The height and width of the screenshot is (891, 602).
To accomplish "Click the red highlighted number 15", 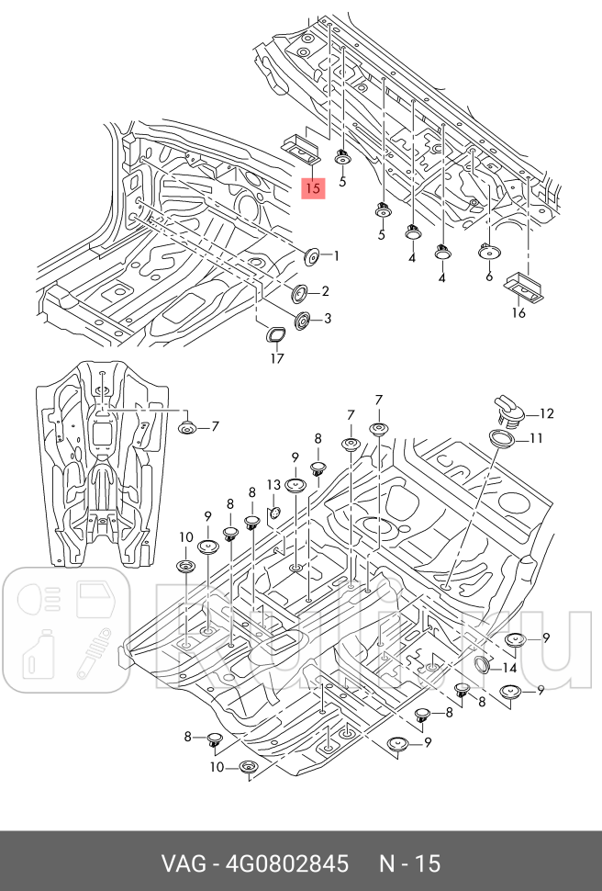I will [x=312, y=188].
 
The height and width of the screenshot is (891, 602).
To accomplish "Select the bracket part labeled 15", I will [x=300, y=146].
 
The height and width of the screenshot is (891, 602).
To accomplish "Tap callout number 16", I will [x=518, y=313].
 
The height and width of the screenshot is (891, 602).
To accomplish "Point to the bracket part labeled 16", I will [x=523, y=286].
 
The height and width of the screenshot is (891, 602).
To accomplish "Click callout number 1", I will [x=336, y=256].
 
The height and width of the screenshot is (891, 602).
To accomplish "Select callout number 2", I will [x=325, y=292].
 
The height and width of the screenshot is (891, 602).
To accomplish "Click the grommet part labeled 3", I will [x=301, y=320].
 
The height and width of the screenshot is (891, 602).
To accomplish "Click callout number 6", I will [x=489, y=276].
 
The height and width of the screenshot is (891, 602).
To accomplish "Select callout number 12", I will [x=547, y=413].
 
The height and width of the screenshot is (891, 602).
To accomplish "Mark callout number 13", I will [x=273, y=484].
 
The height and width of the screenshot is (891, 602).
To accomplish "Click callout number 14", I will [x=509, y=668].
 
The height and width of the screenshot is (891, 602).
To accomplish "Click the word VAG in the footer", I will [x=183, y=864].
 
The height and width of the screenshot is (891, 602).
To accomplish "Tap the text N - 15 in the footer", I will [x=410, y=864].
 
